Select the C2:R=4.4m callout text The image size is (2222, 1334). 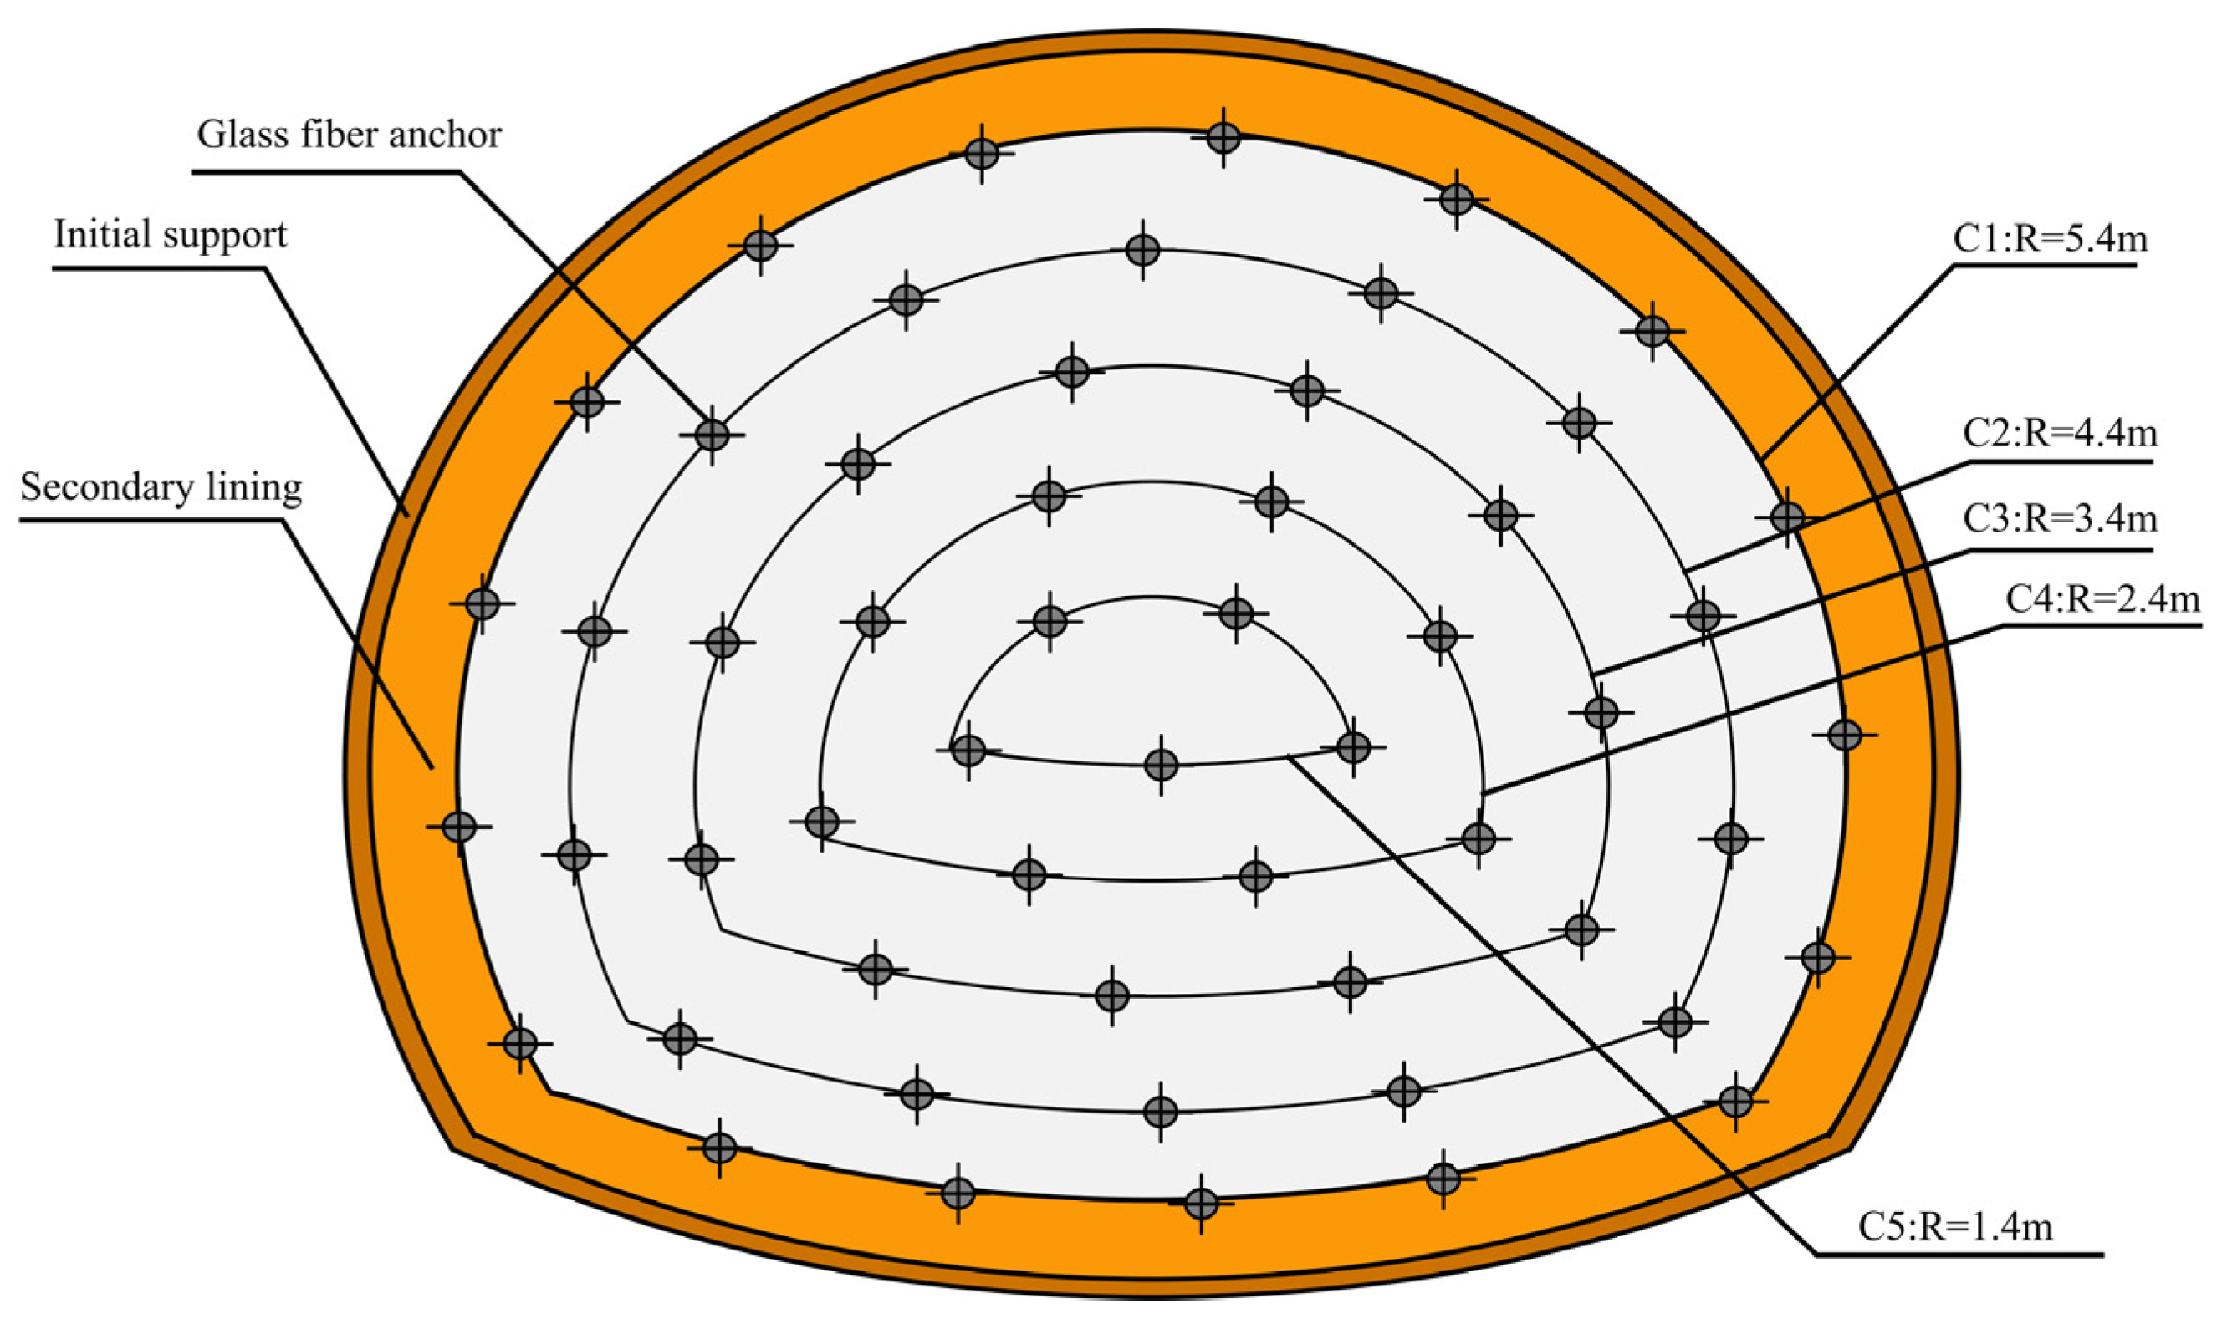tap(2059, 433)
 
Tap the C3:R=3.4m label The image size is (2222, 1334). tap(2059, 519)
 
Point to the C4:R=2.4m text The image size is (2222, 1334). tap(2102, 598)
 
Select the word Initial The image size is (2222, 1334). tap(100, 235)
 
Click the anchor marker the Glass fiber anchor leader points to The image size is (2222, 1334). tap(712, 435)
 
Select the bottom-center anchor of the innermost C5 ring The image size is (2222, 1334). tap(1161, 765)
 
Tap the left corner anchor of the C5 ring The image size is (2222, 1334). tap(968, 749)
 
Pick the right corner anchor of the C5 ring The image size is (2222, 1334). tap(1353, 746)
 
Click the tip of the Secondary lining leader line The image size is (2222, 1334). tap(433, 769)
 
